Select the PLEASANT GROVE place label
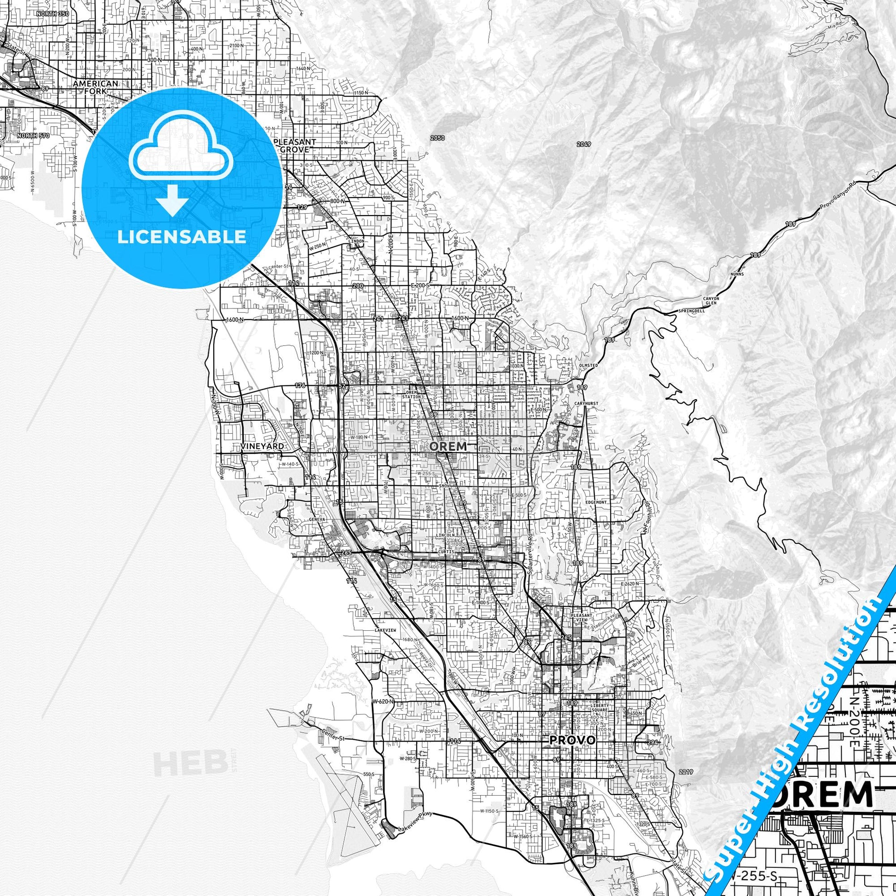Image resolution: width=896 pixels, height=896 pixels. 295,145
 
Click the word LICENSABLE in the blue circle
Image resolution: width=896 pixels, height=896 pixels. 181,237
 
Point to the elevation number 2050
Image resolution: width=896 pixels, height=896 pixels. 437,138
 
